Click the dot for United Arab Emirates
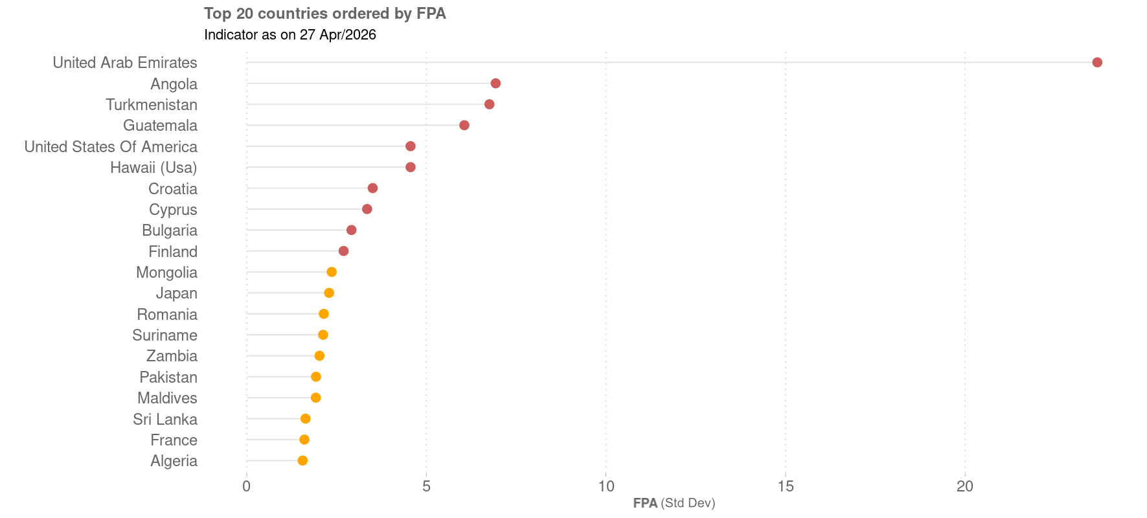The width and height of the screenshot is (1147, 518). (1096, 62)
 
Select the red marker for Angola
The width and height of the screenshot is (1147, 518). (495, 84)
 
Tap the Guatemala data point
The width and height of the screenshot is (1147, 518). (464, 125)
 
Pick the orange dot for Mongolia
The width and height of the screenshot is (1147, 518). (332, 272)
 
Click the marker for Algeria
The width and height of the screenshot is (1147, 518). (302, 460)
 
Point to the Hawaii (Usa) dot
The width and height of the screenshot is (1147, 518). (410, 167)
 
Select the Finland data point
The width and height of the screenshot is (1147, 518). (343, 251)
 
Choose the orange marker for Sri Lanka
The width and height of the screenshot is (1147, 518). (305, 419)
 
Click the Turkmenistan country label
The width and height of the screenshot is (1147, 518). (152, 105)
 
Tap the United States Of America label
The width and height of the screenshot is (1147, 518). (111, 147)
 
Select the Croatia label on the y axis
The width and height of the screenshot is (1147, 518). (173, 189)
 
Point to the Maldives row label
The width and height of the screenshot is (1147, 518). (167, 398)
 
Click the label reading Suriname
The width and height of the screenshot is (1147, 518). (165, 335)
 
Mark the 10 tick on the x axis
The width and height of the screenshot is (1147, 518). (606, 486)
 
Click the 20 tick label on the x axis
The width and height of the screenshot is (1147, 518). (964, 486)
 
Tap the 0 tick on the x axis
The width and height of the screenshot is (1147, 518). (246, 486)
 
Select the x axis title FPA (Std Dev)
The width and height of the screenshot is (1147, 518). (674, 503)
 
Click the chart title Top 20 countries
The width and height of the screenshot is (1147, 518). (324, 14)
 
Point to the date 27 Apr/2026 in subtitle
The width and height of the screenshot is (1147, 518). (337, 35)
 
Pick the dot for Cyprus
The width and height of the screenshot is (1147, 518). (367, 209)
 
